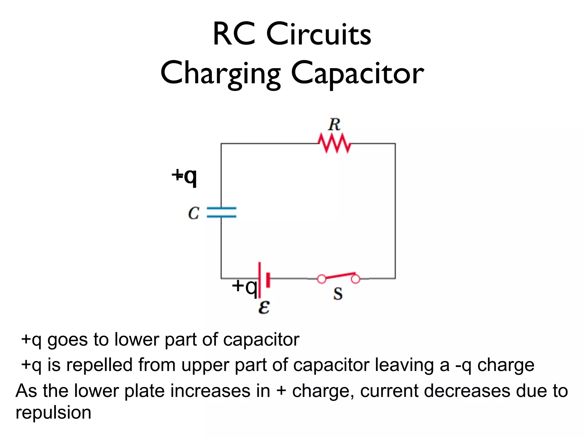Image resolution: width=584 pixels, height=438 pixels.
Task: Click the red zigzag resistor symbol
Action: click(x=334, y=143)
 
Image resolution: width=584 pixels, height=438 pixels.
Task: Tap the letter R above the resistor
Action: click(x=334, y=125)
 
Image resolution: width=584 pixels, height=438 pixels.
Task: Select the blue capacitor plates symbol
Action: click(x=222, y=212)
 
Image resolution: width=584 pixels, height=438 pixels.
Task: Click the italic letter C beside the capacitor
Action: click(x=194, y=213)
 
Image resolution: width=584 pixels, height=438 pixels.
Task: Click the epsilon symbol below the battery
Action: click(x=264, y=307)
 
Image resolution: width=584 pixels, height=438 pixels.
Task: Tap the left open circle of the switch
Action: click(x=322, y=279)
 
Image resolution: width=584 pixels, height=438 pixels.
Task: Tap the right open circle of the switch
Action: click(x=355, y=279)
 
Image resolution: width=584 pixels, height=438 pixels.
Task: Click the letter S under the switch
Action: click(x=338, y=294)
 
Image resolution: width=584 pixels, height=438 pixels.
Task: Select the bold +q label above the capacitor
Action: click(x=184, y=176)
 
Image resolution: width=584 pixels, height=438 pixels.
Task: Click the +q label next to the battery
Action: click(x=244, y=286)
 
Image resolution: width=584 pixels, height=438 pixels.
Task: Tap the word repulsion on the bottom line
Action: click(x=53, y=413)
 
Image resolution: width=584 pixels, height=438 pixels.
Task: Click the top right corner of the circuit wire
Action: click(x=395, y=144)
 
